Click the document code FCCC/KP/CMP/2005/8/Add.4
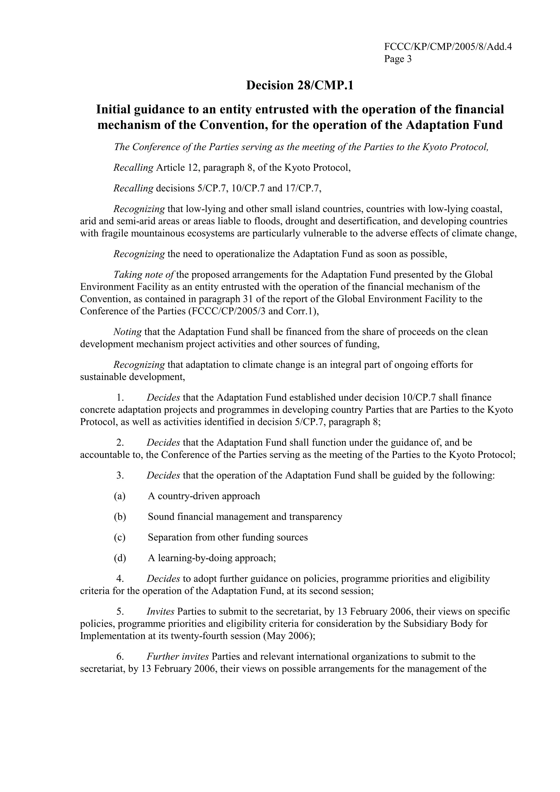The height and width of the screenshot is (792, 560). click(448, 46)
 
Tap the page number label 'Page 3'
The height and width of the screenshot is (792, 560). click(398, 59)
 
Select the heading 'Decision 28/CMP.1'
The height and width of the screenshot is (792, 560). click(299, 85)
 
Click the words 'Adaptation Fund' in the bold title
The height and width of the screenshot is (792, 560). click(454, 125)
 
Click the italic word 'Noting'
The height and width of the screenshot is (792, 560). click(128, 332)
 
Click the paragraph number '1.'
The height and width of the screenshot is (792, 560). click(120, 397)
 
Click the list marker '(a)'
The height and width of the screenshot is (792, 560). click(120, 496)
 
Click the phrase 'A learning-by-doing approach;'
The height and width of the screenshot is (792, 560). click(212, 558)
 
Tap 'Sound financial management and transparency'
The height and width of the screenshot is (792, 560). click(245, 517)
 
